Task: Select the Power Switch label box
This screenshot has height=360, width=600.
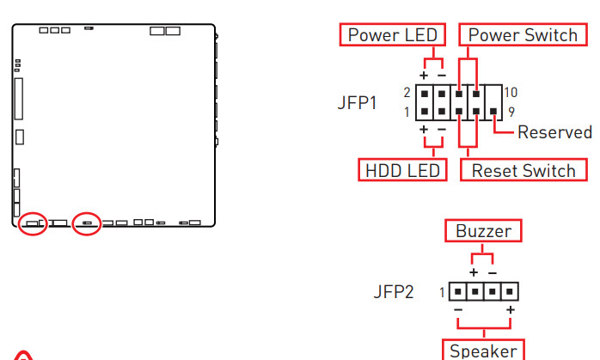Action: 522,35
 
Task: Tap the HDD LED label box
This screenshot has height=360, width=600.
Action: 401,169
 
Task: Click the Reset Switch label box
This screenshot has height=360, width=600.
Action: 523,169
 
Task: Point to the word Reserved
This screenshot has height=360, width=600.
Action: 554,132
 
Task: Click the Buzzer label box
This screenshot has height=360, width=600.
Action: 483,231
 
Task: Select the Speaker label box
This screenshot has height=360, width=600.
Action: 483,351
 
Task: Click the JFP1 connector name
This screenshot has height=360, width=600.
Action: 357,103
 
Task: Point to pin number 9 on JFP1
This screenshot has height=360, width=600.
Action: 511,111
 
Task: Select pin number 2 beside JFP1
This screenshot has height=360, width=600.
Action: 407,92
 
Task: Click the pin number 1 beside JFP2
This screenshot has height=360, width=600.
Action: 442,293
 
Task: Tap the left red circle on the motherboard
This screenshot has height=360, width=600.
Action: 33,223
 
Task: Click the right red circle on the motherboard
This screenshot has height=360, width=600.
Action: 87,223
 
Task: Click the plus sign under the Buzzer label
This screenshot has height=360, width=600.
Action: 474,272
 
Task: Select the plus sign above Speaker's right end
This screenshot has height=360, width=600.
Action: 511,309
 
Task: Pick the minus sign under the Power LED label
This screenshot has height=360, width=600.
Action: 440,75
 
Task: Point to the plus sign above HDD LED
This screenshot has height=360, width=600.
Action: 424,130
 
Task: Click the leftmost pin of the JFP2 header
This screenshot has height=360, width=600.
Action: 456,291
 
